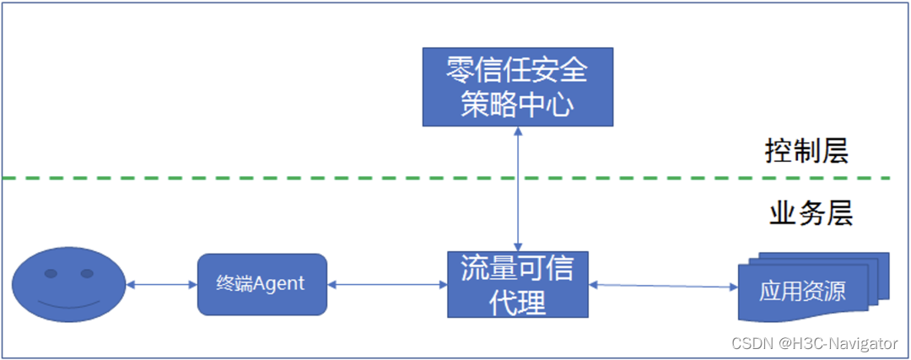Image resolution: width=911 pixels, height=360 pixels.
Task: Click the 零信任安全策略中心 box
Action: click(517, 87)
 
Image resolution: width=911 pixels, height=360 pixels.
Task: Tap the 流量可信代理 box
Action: click(517, 284)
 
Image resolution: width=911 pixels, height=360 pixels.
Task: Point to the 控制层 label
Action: click(806, 152)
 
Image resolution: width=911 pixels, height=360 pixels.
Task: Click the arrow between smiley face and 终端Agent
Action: click(161, 285)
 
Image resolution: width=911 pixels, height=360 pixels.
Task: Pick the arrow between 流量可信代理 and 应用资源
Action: click(663, 286)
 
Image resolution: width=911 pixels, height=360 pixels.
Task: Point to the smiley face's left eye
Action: click(51, 273)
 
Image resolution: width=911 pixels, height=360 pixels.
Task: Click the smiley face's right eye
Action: click(86, 273)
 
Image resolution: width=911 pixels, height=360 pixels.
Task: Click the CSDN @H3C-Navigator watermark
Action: click(814, 343)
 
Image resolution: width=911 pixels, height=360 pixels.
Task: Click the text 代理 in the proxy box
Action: click(517, 301)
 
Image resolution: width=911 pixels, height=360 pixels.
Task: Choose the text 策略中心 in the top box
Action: click(517, 105)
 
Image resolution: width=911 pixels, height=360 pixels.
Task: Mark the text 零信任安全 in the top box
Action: click(517, 70)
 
